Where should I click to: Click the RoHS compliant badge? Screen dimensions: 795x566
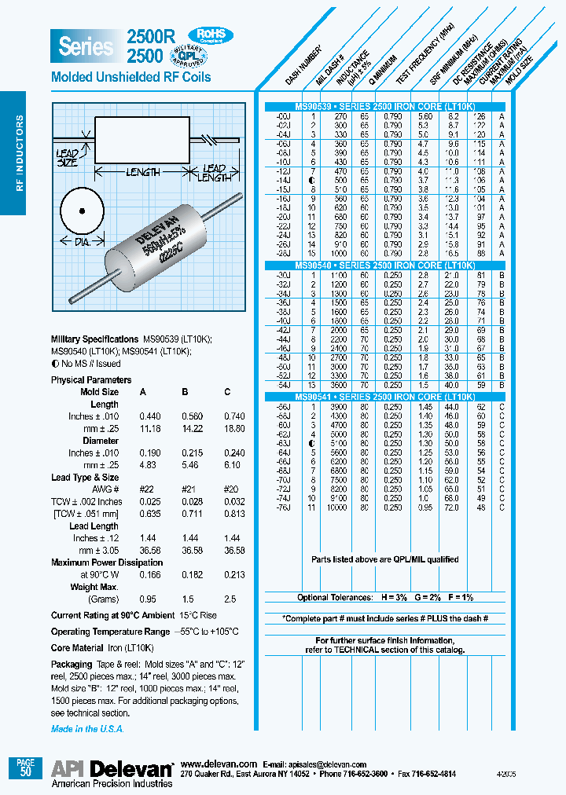point(210,35)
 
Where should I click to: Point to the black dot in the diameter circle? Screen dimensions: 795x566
point(81,211)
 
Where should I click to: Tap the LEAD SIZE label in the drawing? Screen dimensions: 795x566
point(68,158)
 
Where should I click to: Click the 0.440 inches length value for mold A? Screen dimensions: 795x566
point(149,416)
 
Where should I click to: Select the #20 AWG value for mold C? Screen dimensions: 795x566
point(228,489)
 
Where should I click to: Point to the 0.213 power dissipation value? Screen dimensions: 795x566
point(228,574)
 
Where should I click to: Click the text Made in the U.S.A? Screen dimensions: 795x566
point(86,729)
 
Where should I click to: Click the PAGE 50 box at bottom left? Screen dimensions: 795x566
point(25,768)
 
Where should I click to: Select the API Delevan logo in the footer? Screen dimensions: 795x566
point(112,769)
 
